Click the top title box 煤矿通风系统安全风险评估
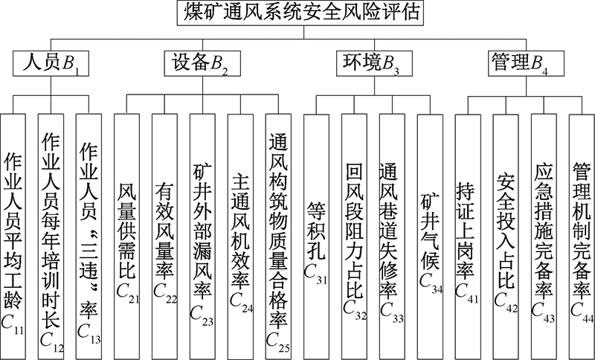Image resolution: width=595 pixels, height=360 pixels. [300, 13]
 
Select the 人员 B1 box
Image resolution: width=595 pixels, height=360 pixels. [51, 63]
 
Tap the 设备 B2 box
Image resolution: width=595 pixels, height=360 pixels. [202, 63]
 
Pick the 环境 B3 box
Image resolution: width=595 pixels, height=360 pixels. [375, 63]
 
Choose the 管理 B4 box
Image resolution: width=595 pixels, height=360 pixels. [526, 63]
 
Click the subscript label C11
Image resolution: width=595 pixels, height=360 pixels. [13, 325]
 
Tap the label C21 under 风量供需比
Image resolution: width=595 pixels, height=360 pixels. [127, 293]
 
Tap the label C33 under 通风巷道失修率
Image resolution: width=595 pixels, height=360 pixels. [393, 312]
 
